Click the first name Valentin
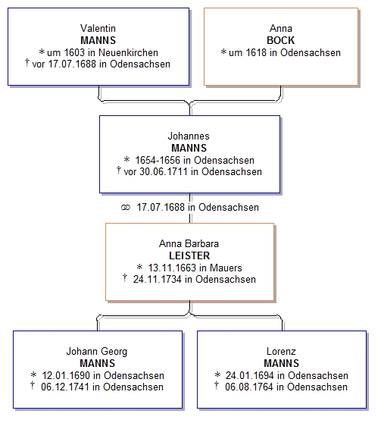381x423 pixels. [x=98, y=28]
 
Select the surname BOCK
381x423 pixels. [x=281, y=40]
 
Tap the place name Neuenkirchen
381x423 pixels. [x=128, y=52]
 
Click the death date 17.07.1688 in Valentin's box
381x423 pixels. [x=72, y=64]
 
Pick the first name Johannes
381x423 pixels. [x=189, y=136]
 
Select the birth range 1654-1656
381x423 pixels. [x=158, y=160]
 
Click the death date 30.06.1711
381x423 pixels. [x=164, y=171]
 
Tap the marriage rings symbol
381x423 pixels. [x=126, y=208]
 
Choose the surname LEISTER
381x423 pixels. [x=189, y=255]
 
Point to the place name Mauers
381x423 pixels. [x=226, y=268]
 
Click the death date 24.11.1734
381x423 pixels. [x=158, y=279]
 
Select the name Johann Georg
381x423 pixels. [x=97, y=351]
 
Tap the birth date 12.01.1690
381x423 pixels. [x=66, y=375]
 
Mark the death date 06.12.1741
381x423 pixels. [x=65, y=387]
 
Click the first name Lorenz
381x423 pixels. [x=281, y=351]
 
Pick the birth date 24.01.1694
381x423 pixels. [x=250, y=375]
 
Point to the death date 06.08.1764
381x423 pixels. [x=249, y=387]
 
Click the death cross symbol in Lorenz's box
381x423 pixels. [x=216, y=386]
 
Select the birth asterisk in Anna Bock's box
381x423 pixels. [x=223, y=52]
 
